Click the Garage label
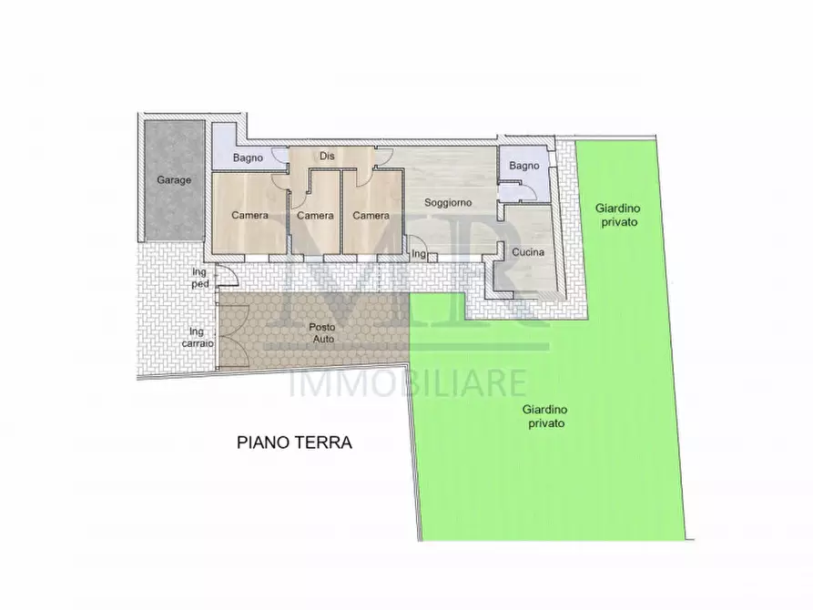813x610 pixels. click(x=173, y=180)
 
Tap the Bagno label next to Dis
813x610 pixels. click(x=248, y=158)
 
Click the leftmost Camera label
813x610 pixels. click(x=249, y=216)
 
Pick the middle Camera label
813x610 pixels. click(x=315, y=216)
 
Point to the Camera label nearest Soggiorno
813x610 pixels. click(x=371, y=216)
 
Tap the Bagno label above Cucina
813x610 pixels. click(x=524, y=166)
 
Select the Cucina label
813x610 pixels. click(x=528, y=252)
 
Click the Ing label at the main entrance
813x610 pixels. click(x=419, y=253)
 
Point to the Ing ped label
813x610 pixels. click(x=200, y=277)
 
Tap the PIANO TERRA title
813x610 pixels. click(x=294, y=442)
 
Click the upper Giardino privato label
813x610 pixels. click(x=617, y=215)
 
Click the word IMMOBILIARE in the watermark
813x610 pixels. click(x=407, y=382)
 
